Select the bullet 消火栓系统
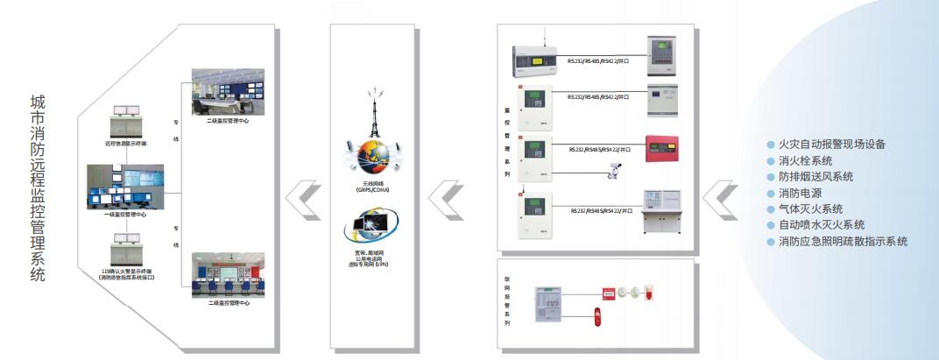[x=805, y=160]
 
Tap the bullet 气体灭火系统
[x=810, y=208]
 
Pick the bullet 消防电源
[x=799, y=193]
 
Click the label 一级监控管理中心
[x=124, y=213]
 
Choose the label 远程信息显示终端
[x=124, y=141]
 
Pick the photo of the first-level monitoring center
[x=124, y=187]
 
